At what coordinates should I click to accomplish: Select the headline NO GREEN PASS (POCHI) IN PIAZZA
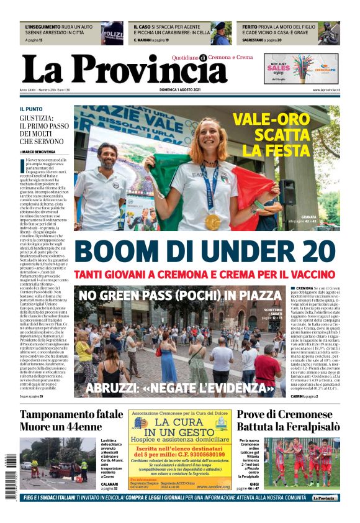tap(180, 295)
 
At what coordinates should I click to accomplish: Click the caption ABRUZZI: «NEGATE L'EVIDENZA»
tap(180, 389)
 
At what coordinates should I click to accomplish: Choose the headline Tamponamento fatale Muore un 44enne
tap(71, 421)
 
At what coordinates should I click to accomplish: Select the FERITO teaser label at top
tap(250, 28)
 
